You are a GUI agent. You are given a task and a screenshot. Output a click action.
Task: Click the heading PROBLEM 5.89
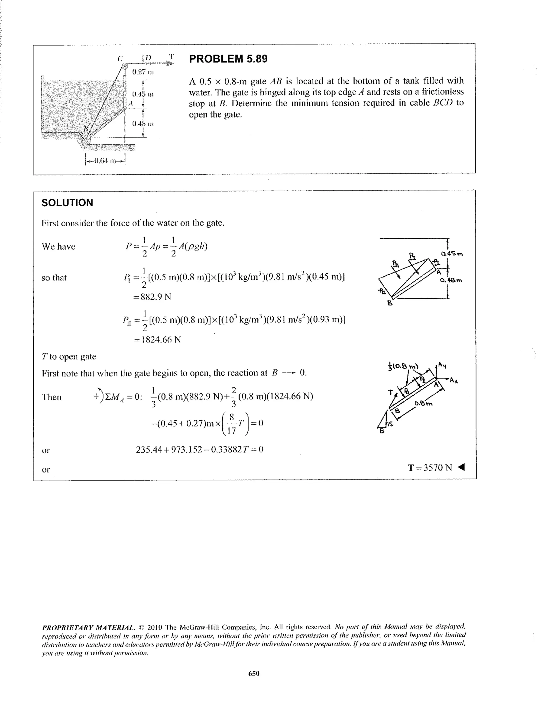228,59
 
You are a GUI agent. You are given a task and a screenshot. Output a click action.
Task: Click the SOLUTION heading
67,203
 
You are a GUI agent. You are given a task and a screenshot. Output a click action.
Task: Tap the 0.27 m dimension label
143,72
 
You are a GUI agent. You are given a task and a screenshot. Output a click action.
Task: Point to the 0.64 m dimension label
105,161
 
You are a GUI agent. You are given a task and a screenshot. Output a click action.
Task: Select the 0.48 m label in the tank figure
143,124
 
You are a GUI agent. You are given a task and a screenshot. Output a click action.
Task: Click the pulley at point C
125,66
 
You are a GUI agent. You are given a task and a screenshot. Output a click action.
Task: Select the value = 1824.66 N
157,340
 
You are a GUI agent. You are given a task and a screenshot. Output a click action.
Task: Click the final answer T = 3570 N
429,468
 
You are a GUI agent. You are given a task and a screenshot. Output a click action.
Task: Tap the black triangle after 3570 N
461,467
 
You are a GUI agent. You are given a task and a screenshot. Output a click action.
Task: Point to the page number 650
254,673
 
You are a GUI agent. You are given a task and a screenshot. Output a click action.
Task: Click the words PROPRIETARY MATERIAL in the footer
88,628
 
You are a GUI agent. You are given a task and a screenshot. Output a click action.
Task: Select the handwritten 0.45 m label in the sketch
452,254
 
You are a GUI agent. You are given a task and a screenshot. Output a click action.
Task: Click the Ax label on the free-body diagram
454,380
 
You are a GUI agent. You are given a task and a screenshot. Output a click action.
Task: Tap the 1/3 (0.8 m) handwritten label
403,366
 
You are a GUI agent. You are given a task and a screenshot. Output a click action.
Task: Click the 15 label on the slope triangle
390,424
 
